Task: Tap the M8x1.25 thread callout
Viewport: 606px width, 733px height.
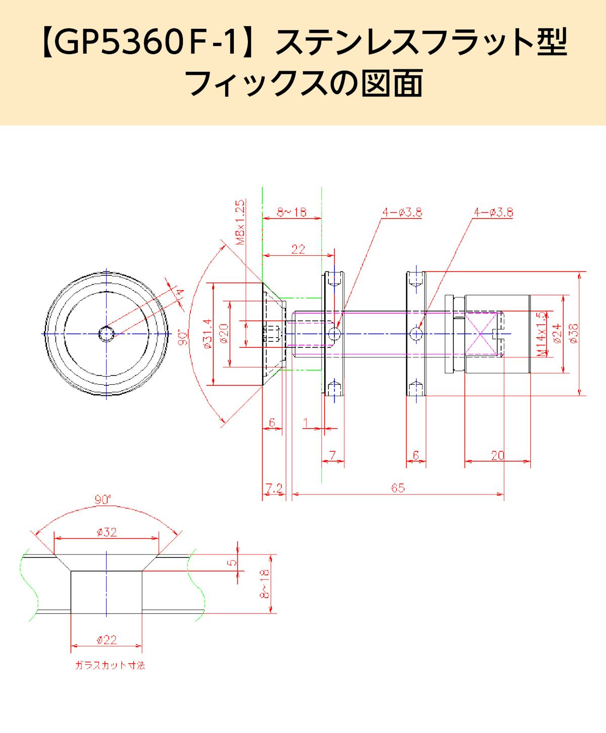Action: pyautogui.click(x=241, y=222)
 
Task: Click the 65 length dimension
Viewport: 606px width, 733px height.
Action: pyautogui.click(x=398, y=488)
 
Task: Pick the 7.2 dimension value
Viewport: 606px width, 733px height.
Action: pyautogui.click(x=274, y=488)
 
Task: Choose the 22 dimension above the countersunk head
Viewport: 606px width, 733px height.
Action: pyautogui.click(x=298, y=249)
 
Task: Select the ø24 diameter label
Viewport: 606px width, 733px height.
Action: pyautogui.click(x=557, y=334)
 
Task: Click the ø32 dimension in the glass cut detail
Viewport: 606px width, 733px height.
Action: pyautogui.click(x=106, y=532)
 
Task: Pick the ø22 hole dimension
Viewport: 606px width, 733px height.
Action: pyautogui.click(x=106, y=639)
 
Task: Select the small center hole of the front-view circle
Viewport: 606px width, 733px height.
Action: pyautogui.click(x=107, y=334)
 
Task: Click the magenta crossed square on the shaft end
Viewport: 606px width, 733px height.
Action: pyautogui.click(x=482, y=334)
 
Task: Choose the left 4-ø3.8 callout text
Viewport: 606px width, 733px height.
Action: pyautogui.click(x=402, y=213)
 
